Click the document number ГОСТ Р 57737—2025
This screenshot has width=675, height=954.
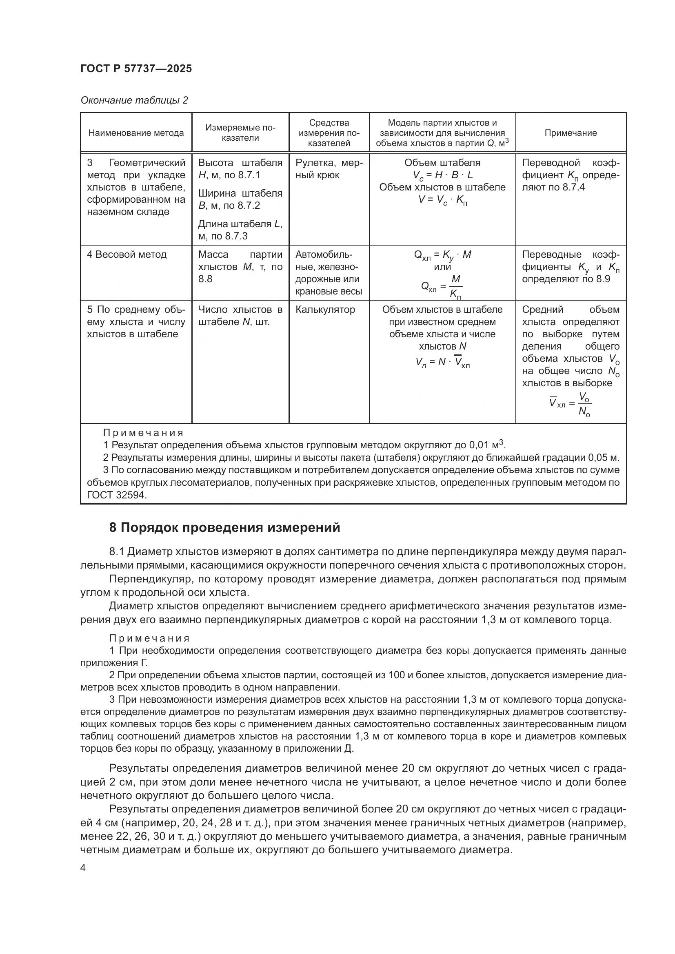[x=136, y=69]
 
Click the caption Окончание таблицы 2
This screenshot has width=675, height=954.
[x=134, y=100]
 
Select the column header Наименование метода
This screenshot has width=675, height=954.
[x=136, y=133]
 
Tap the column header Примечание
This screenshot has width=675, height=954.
[x=570, y=133]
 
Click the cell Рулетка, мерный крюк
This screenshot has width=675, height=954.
[x=329, y=169]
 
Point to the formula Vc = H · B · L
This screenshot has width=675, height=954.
[x=442, y=175]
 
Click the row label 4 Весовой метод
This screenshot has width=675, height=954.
[x=127, y=254]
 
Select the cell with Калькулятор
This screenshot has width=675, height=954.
[x=325, y=310]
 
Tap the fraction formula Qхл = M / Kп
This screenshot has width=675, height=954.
[x=442, y=286]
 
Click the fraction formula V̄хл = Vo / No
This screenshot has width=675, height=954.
[x=570, y=404]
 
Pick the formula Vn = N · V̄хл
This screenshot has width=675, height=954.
[x=442, y=362]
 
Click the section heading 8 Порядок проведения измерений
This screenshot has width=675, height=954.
[x=224, y=527]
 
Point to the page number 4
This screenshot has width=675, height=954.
[x=83, y=868]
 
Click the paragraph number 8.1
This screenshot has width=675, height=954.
[x=117, y=552]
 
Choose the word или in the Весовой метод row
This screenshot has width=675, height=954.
[x=442, y=267]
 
